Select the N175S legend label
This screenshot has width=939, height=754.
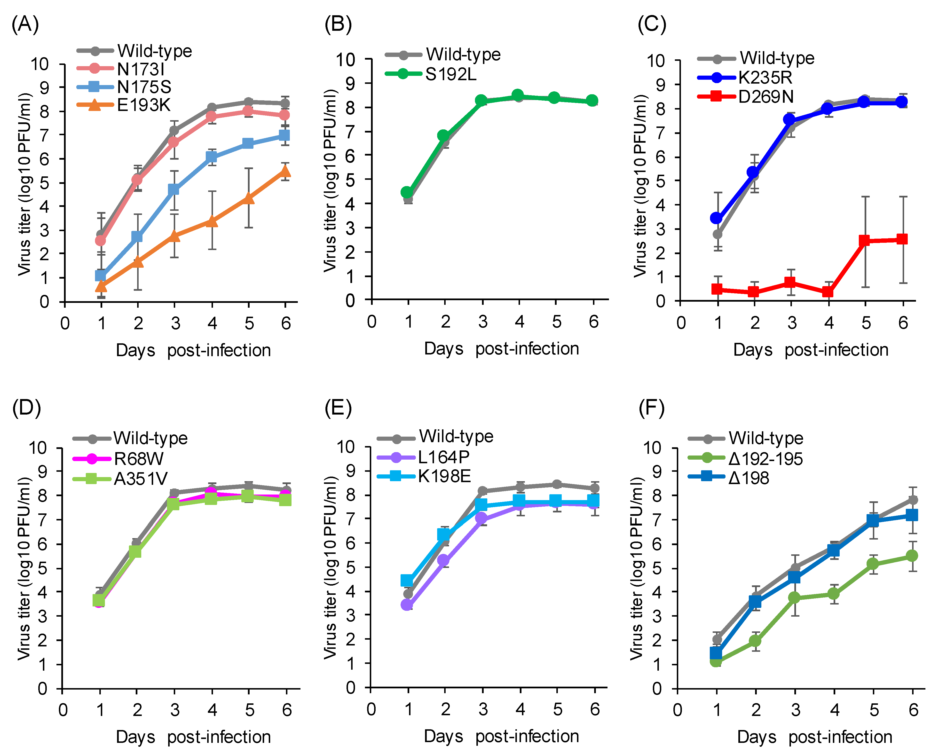click(144, 87)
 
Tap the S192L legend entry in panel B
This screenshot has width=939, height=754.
click(451, 74)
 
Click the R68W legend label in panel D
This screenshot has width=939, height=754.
click(139, 459)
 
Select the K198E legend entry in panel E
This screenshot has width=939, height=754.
click(444, 476)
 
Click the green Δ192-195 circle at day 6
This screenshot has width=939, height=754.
click(912, 556)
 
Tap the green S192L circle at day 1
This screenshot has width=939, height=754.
click(407, 192)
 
